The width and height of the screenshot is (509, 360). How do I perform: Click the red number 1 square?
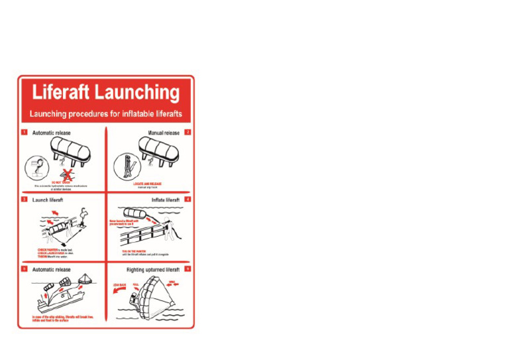24,133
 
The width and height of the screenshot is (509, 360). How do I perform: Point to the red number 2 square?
188,133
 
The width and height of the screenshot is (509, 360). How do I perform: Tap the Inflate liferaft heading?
165,200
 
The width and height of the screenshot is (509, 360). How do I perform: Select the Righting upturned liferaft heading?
153,270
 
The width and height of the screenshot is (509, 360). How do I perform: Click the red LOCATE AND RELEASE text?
147,184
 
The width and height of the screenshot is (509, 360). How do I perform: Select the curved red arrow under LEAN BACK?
118,293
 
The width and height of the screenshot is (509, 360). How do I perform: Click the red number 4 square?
188,200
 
